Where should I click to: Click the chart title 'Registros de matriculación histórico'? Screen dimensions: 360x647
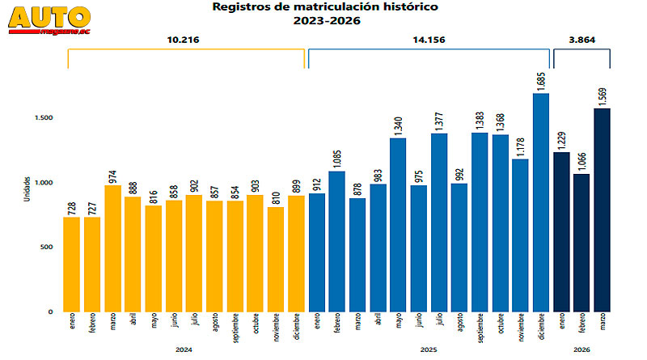click(323, 7)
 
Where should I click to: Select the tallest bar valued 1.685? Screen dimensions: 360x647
click(541, 202)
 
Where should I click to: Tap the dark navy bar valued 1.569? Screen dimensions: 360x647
click(602, 210)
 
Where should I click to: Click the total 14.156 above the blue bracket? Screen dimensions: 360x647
click(429, 40)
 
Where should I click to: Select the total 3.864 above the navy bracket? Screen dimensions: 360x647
click(581, 40)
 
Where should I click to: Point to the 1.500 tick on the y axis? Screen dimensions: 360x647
click(44, 118)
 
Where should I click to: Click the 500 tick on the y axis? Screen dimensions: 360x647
click(47, 248)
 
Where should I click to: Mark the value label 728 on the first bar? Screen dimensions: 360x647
click(72, 205)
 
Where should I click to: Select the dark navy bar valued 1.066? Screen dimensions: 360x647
click(581, 243)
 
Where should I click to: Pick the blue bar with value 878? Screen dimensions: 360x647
click(357, 255)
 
